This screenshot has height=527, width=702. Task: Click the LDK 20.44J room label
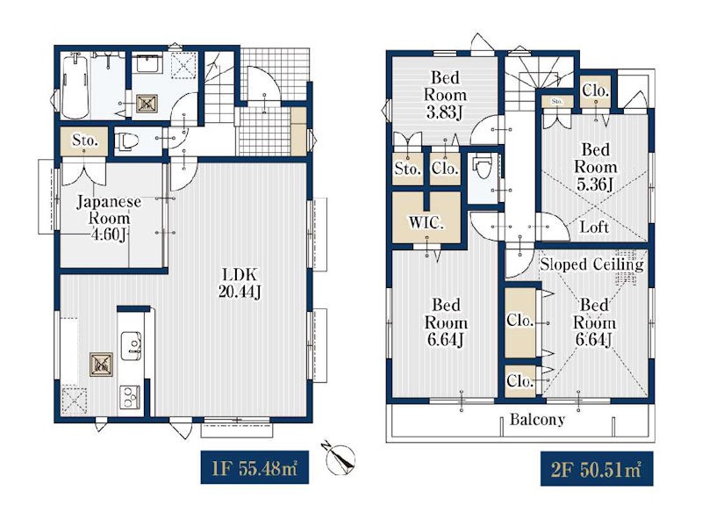[x=240, y=283]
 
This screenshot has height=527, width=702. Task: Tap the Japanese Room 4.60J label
[x=109, y=218]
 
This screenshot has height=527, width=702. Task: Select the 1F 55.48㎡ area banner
[x=254, y=467]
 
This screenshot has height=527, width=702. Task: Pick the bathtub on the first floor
[x=75, y=86]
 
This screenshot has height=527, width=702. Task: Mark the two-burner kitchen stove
[x=130, y=397]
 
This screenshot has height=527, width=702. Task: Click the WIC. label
[x=426, y=223]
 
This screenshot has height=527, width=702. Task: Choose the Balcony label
[x=537, y=420]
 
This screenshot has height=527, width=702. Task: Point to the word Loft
[x=594, y=227]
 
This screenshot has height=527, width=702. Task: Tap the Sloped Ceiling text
[x=591, y=264]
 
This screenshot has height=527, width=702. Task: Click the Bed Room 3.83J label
[x=446, y=95]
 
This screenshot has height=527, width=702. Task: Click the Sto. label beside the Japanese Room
[x=84, y=141]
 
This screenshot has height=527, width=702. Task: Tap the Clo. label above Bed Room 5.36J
[x=596, y=91]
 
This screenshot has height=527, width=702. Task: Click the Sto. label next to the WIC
[x=407, y=169]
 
